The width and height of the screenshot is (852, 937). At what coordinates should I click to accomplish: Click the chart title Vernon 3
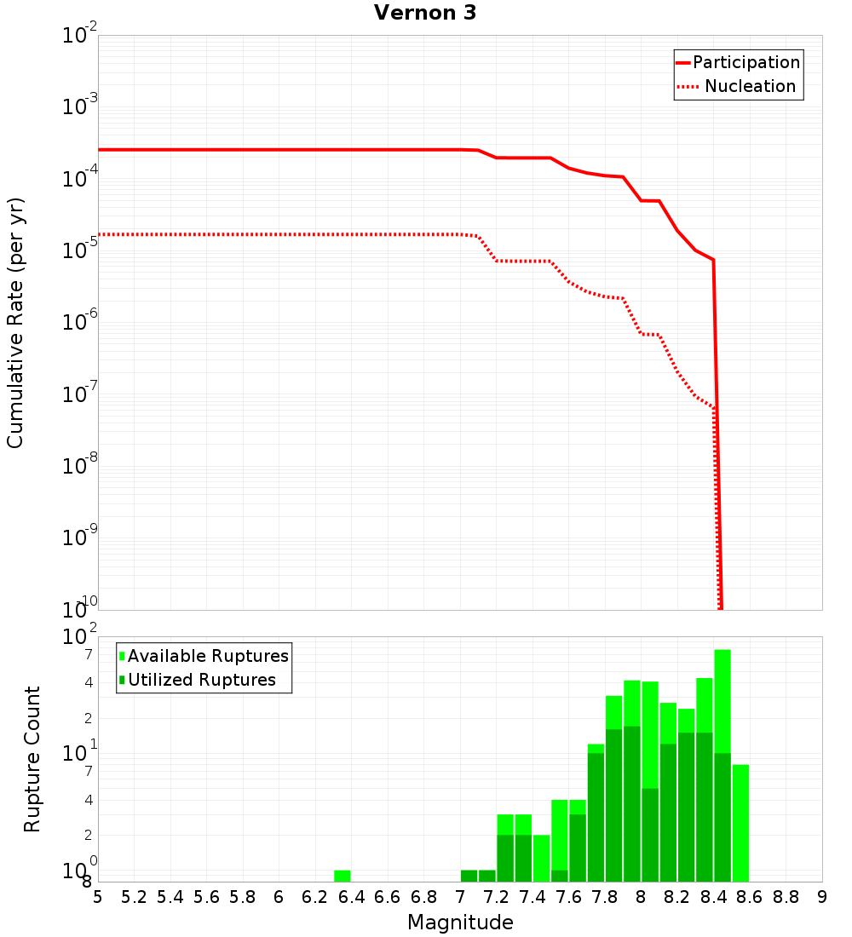tap(424, 13)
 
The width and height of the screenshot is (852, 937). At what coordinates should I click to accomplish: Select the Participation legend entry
tap(745, 62)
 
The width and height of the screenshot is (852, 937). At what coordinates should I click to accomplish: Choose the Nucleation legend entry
tap(749, 86)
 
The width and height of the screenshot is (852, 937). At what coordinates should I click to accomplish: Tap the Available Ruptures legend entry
tap(207, 656)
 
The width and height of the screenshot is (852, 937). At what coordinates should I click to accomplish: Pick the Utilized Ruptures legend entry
tap(201, 680)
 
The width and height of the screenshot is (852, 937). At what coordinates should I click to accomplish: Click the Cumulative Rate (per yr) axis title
tap(15, 323)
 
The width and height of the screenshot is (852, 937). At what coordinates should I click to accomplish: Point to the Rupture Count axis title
tap(32, 759)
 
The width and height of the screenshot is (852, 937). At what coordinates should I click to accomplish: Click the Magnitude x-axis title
tap(460, 923)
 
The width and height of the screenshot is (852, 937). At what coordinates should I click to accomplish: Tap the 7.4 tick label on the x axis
tap(532, 897)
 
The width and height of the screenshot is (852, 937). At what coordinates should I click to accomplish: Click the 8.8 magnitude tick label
tap(786, 897)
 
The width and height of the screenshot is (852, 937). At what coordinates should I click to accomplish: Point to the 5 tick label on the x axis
tap(98, 897)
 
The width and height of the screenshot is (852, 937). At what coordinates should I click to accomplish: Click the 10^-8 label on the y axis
tap(79, 467)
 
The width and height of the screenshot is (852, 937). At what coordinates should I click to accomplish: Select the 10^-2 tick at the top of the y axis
tap(79, 36)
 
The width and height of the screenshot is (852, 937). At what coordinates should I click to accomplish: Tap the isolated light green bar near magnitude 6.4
tap(342, 876)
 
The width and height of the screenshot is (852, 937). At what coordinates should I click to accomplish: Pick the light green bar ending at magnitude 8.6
tap(740, 822)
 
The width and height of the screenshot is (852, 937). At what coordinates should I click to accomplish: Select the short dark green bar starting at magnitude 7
tap(469, 876)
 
